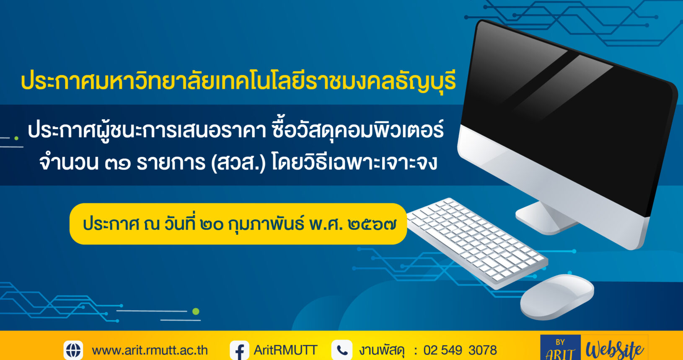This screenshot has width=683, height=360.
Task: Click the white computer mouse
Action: click(557, 297)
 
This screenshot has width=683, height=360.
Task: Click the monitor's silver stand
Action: click(546, 218)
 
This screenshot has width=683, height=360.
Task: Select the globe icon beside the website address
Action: click(73, 350)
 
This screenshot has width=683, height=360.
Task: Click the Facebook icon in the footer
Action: click(240, 350)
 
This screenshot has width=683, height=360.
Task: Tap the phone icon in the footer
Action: click(342, 350)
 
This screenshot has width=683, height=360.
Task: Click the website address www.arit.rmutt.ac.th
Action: click(150, 350)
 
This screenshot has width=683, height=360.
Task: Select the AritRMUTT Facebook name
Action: click(285, 350)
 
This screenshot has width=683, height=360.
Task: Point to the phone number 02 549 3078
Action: click(460, 350)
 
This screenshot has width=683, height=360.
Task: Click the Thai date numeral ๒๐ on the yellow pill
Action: click(212, 225)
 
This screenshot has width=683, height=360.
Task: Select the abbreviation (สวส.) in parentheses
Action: click(238, 163)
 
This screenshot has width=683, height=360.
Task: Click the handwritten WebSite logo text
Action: click(614, 350)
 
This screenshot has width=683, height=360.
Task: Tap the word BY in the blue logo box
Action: click(560, 342)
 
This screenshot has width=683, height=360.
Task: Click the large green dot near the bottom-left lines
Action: click(196, 311)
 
